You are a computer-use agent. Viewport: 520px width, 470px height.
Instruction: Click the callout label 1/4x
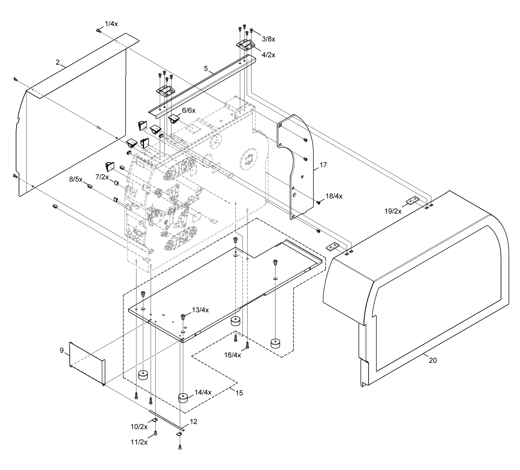pos(111,24)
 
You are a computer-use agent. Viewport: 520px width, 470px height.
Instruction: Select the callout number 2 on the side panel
pos(57,62)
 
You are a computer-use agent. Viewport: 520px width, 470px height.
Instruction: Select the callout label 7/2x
pos(102,177)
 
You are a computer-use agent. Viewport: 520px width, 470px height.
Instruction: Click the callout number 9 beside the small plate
pos(62,350)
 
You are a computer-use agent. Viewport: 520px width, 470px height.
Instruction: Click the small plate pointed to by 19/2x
pos(413,200)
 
